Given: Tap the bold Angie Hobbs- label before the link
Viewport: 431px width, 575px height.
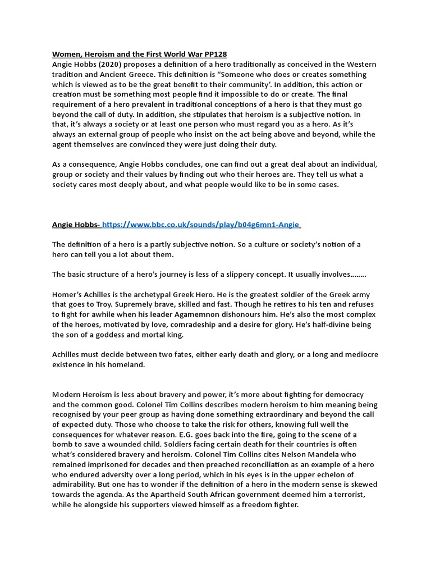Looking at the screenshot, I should [76, 225].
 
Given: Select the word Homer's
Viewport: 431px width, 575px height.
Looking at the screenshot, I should [68, 295].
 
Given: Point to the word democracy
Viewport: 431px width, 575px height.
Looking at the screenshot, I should [342, 395].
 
